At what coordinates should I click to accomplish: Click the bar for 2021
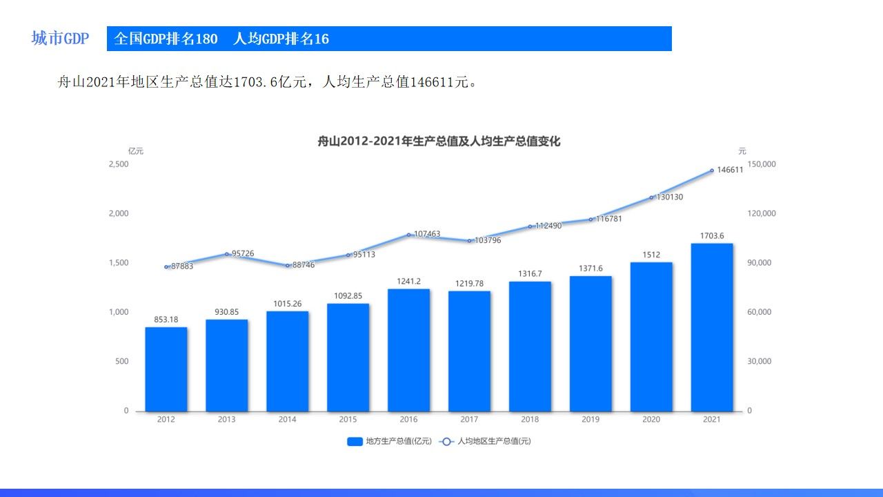(x=711, y=327)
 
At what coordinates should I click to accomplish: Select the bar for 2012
(x=166, y=369)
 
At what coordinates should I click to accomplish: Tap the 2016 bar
(x=408, y=349)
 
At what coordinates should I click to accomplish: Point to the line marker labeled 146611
(x=712, y=170)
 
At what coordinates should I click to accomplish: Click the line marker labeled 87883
(x=166, y=267)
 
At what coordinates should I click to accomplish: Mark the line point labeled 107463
(x=408, y=235)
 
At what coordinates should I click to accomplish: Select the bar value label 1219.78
(x=469, y=284)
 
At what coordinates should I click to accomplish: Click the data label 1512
(x=651, y=255)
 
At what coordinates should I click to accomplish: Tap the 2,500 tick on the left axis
(x=119, y=164)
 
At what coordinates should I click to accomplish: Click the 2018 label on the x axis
(x=530, y=420)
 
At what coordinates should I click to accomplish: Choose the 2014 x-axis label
(x=287, y=420)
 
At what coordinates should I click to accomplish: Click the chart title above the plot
(x=439, y=142)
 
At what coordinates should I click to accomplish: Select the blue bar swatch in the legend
(x=355, y=442)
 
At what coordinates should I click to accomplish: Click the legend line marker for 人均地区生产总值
(x=446, y=442)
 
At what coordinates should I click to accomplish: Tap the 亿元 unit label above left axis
(x=135, y=151)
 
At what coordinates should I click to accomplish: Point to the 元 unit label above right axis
(x=742, y=151)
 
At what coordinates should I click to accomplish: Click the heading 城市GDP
(x=60, y=39)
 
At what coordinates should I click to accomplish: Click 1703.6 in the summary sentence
(x=255, y=83)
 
